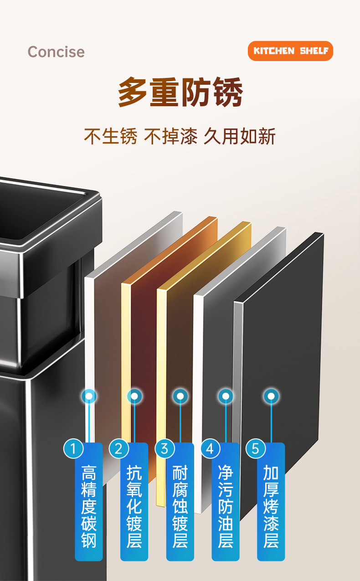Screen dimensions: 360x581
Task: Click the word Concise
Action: point(56,51)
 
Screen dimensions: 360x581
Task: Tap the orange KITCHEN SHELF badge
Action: point(290,51)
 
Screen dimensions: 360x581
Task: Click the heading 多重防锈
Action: point(180,93)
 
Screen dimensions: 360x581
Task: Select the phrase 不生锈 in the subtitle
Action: point(110,136)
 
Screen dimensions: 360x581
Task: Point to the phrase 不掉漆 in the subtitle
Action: point(170,136)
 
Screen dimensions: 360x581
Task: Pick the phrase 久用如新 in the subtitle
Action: point(239,136)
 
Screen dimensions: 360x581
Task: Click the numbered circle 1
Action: point(73,449)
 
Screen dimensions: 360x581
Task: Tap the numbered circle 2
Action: point(119,449)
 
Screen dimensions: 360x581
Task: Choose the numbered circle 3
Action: point(165,449)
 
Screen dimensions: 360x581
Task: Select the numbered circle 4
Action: point(210,449)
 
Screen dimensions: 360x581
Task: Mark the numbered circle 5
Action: point(256,449)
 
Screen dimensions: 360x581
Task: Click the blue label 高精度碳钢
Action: point(89,506)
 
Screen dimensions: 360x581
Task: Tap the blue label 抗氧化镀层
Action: point(134,506)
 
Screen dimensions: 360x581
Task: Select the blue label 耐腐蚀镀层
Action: point(180,506)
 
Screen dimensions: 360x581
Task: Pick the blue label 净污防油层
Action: point(226,506)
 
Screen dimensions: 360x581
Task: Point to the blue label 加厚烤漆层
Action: point(271,506)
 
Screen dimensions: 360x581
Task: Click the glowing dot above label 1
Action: point(89,396)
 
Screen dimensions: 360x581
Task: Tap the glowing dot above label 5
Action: point(271,396)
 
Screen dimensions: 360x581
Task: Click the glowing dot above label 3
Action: point(180,396)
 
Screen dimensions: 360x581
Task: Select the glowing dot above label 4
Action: point(226,396)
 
